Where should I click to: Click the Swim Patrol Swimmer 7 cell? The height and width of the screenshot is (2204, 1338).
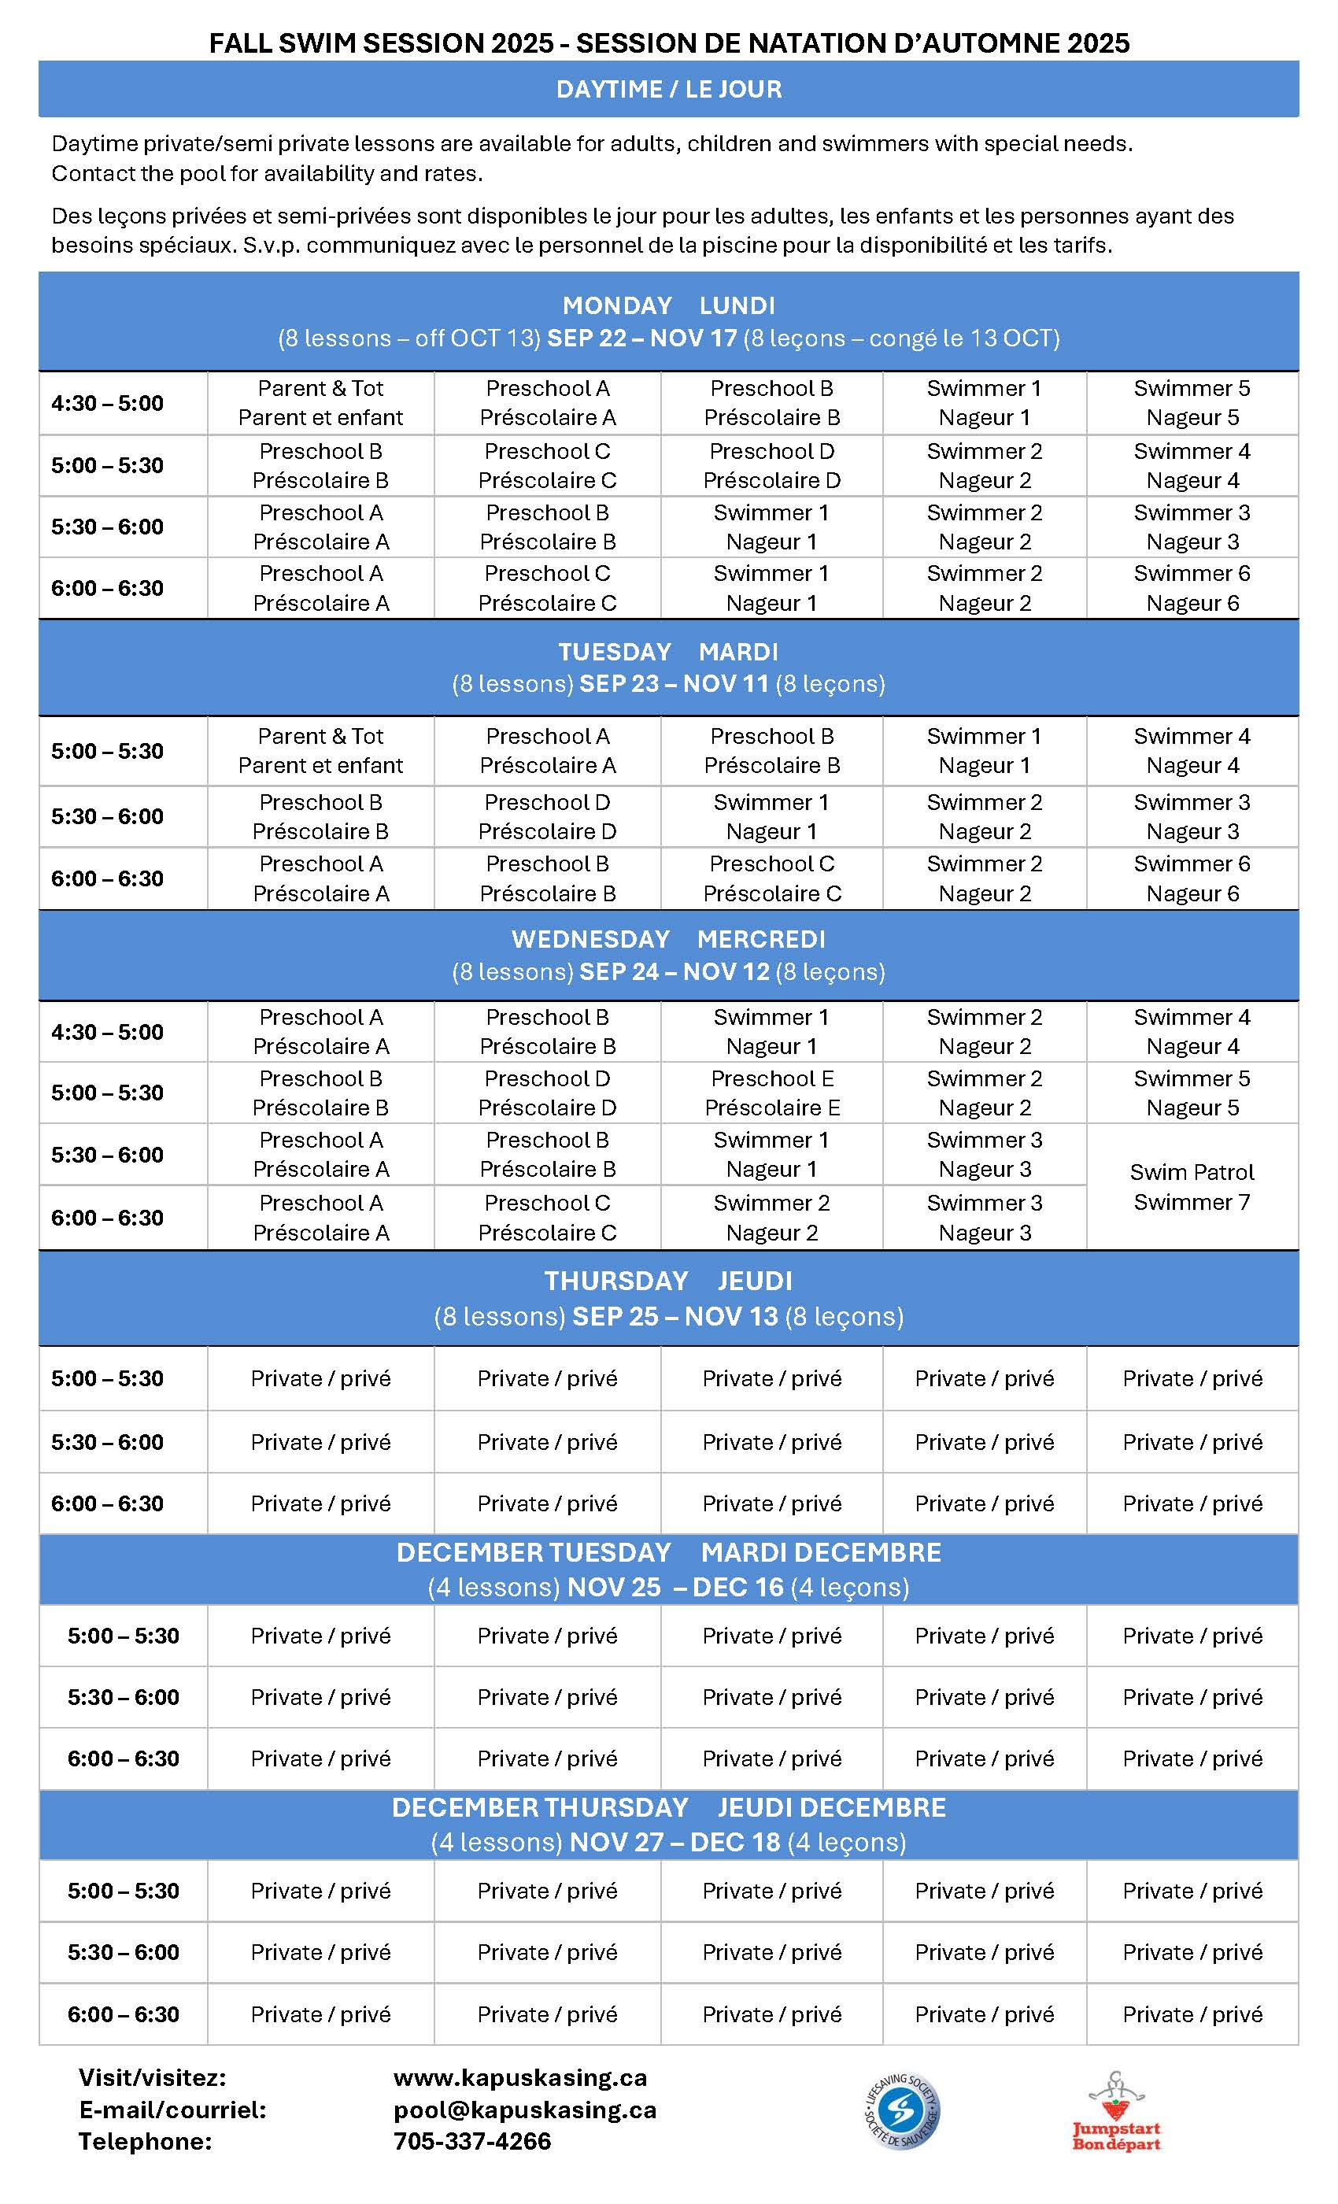click(x=1192, y=1187)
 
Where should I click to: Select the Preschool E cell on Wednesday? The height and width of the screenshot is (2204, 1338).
click(x=772, y=1093)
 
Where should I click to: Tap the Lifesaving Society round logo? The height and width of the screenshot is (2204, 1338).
click(x=901, y=2110)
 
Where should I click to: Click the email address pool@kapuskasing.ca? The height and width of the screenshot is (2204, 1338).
click(x=525, y=2110)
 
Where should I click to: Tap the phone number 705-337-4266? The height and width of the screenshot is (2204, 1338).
click(x=472, y=2141)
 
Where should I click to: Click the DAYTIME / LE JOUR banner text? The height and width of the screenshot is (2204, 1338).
click(x=668, y=90)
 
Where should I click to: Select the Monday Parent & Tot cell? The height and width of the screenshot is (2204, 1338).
click(x=320, y=402)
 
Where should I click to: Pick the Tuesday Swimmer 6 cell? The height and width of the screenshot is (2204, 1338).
click(x=1192, y=878)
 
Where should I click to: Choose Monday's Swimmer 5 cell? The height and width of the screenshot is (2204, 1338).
click(x=1192, y=402)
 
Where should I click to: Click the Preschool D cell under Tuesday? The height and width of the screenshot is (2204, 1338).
click(x=546, y=817)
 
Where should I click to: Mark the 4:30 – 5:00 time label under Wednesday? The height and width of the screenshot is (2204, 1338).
click(x=107, y=1031)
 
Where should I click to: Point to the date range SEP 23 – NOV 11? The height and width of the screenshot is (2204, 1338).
click(x=674, y=684)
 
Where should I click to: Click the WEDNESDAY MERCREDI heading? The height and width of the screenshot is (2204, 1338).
click(x=668, y=939)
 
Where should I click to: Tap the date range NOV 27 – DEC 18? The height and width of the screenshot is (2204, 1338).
click(x=675, y=1843)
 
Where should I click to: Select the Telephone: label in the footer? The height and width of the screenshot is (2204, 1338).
click(x=145, y=2141)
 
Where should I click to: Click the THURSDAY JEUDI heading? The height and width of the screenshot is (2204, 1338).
click(x=668, y=1281)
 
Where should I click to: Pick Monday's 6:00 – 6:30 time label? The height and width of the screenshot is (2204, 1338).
click(x=107, y=589)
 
